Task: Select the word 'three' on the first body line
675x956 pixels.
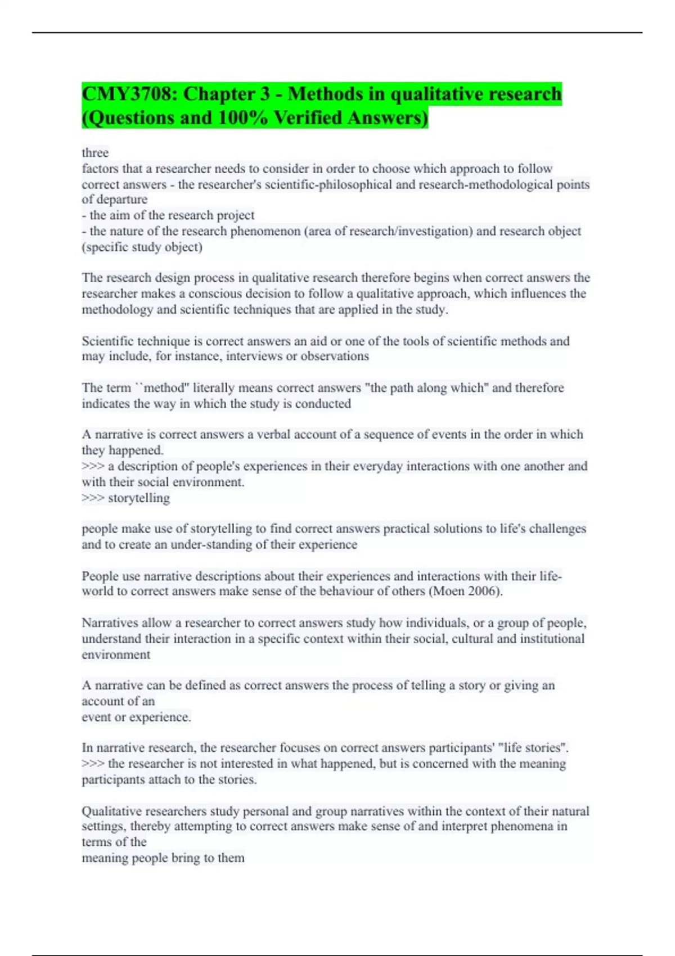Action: (95, 152)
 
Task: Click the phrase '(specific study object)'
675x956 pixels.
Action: (142, 247)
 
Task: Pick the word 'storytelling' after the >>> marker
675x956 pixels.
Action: (138, 498)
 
